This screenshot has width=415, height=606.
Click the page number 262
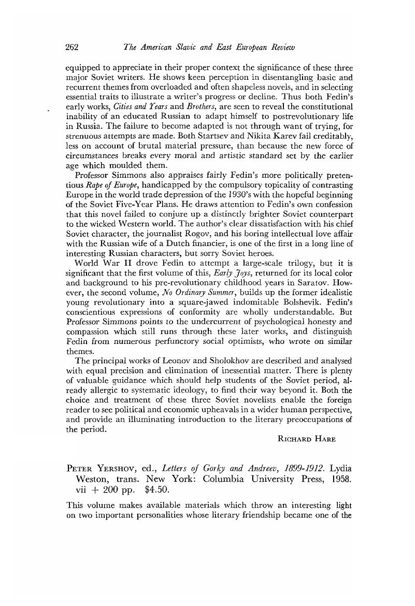pyautogui.click(x=72, y=48)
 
